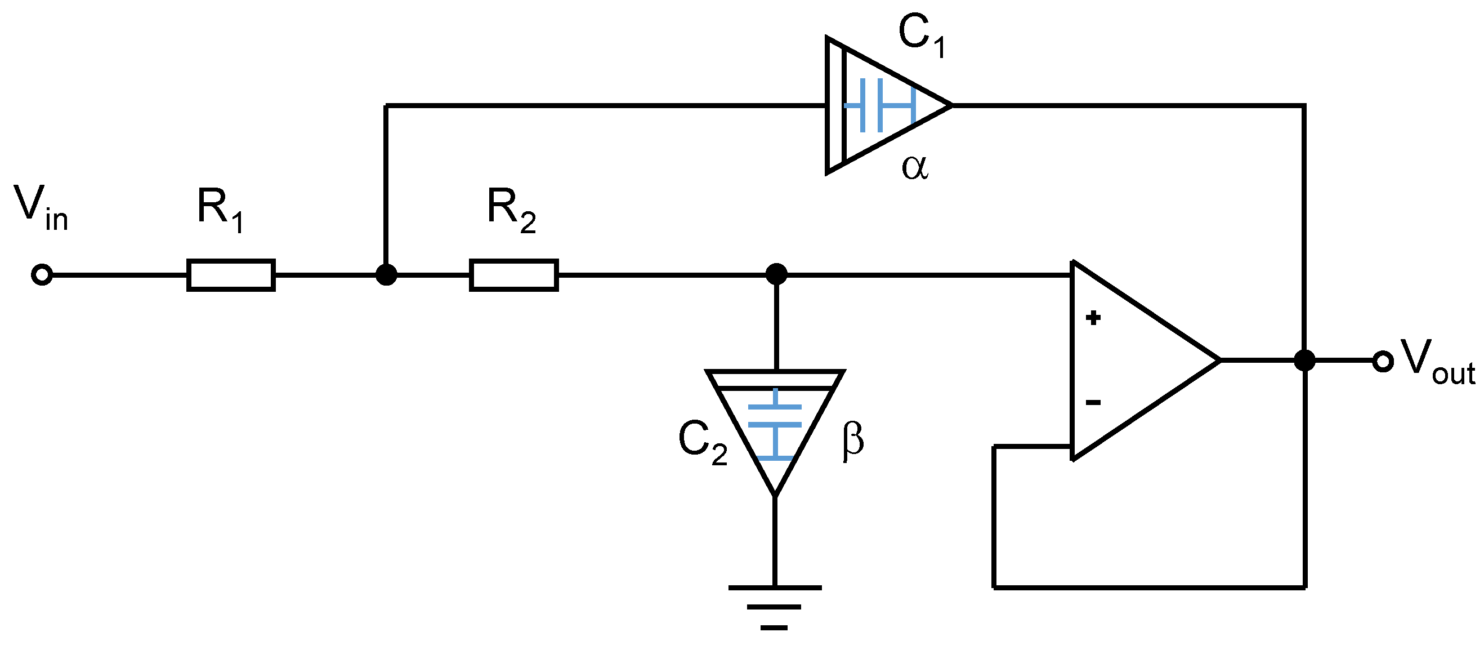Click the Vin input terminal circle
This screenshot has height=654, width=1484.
(42, 275)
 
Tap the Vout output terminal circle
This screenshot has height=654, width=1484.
(1383, 362)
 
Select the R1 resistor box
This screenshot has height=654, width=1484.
(230, 275)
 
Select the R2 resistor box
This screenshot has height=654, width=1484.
(513, 275)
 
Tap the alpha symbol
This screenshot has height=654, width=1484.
(914, 168)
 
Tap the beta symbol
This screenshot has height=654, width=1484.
(852, 441)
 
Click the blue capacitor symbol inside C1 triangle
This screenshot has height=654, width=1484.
(880, 105)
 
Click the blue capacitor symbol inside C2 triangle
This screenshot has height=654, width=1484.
(775, 424)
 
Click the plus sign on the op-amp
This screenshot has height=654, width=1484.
(1093, 318)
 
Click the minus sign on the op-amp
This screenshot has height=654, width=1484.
(1093, 402)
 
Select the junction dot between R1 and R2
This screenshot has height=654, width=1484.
(386, 274)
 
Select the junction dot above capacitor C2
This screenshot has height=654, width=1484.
(776, 274)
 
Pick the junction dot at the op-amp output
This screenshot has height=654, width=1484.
(1304, 361)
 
